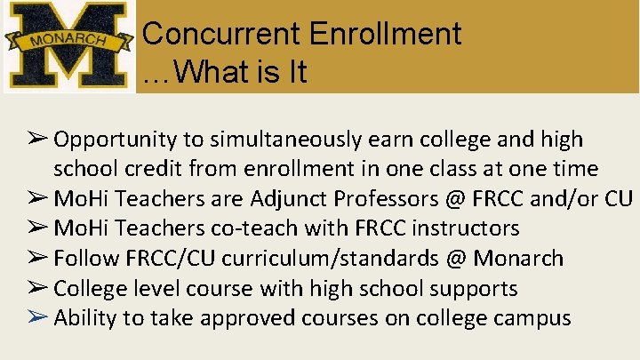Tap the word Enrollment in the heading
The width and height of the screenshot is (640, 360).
[385, 35]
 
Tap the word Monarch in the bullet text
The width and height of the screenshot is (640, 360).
[518, 259]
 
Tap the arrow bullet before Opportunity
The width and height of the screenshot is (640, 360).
[36, 140]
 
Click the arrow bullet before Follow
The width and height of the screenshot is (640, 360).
[36, 259]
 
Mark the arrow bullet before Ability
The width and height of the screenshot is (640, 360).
[36, 318]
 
